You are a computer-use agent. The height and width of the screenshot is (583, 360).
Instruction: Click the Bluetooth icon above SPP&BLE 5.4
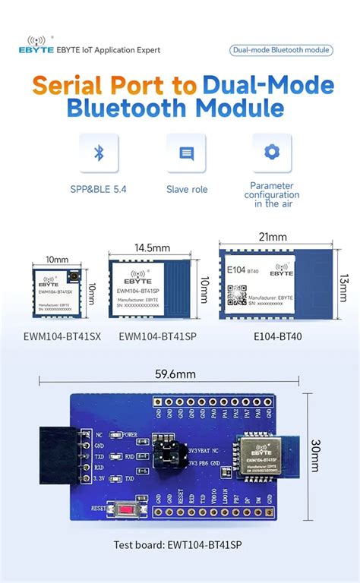98,153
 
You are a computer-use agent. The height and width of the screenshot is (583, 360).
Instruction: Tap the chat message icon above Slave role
186,153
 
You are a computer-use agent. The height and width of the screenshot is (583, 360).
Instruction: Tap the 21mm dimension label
275,237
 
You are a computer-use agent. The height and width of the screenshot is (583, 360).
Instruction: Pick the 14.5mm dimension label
152,248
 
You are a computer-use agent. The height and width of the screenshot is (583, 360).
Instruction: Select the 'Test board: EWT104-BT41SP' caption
178,544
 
